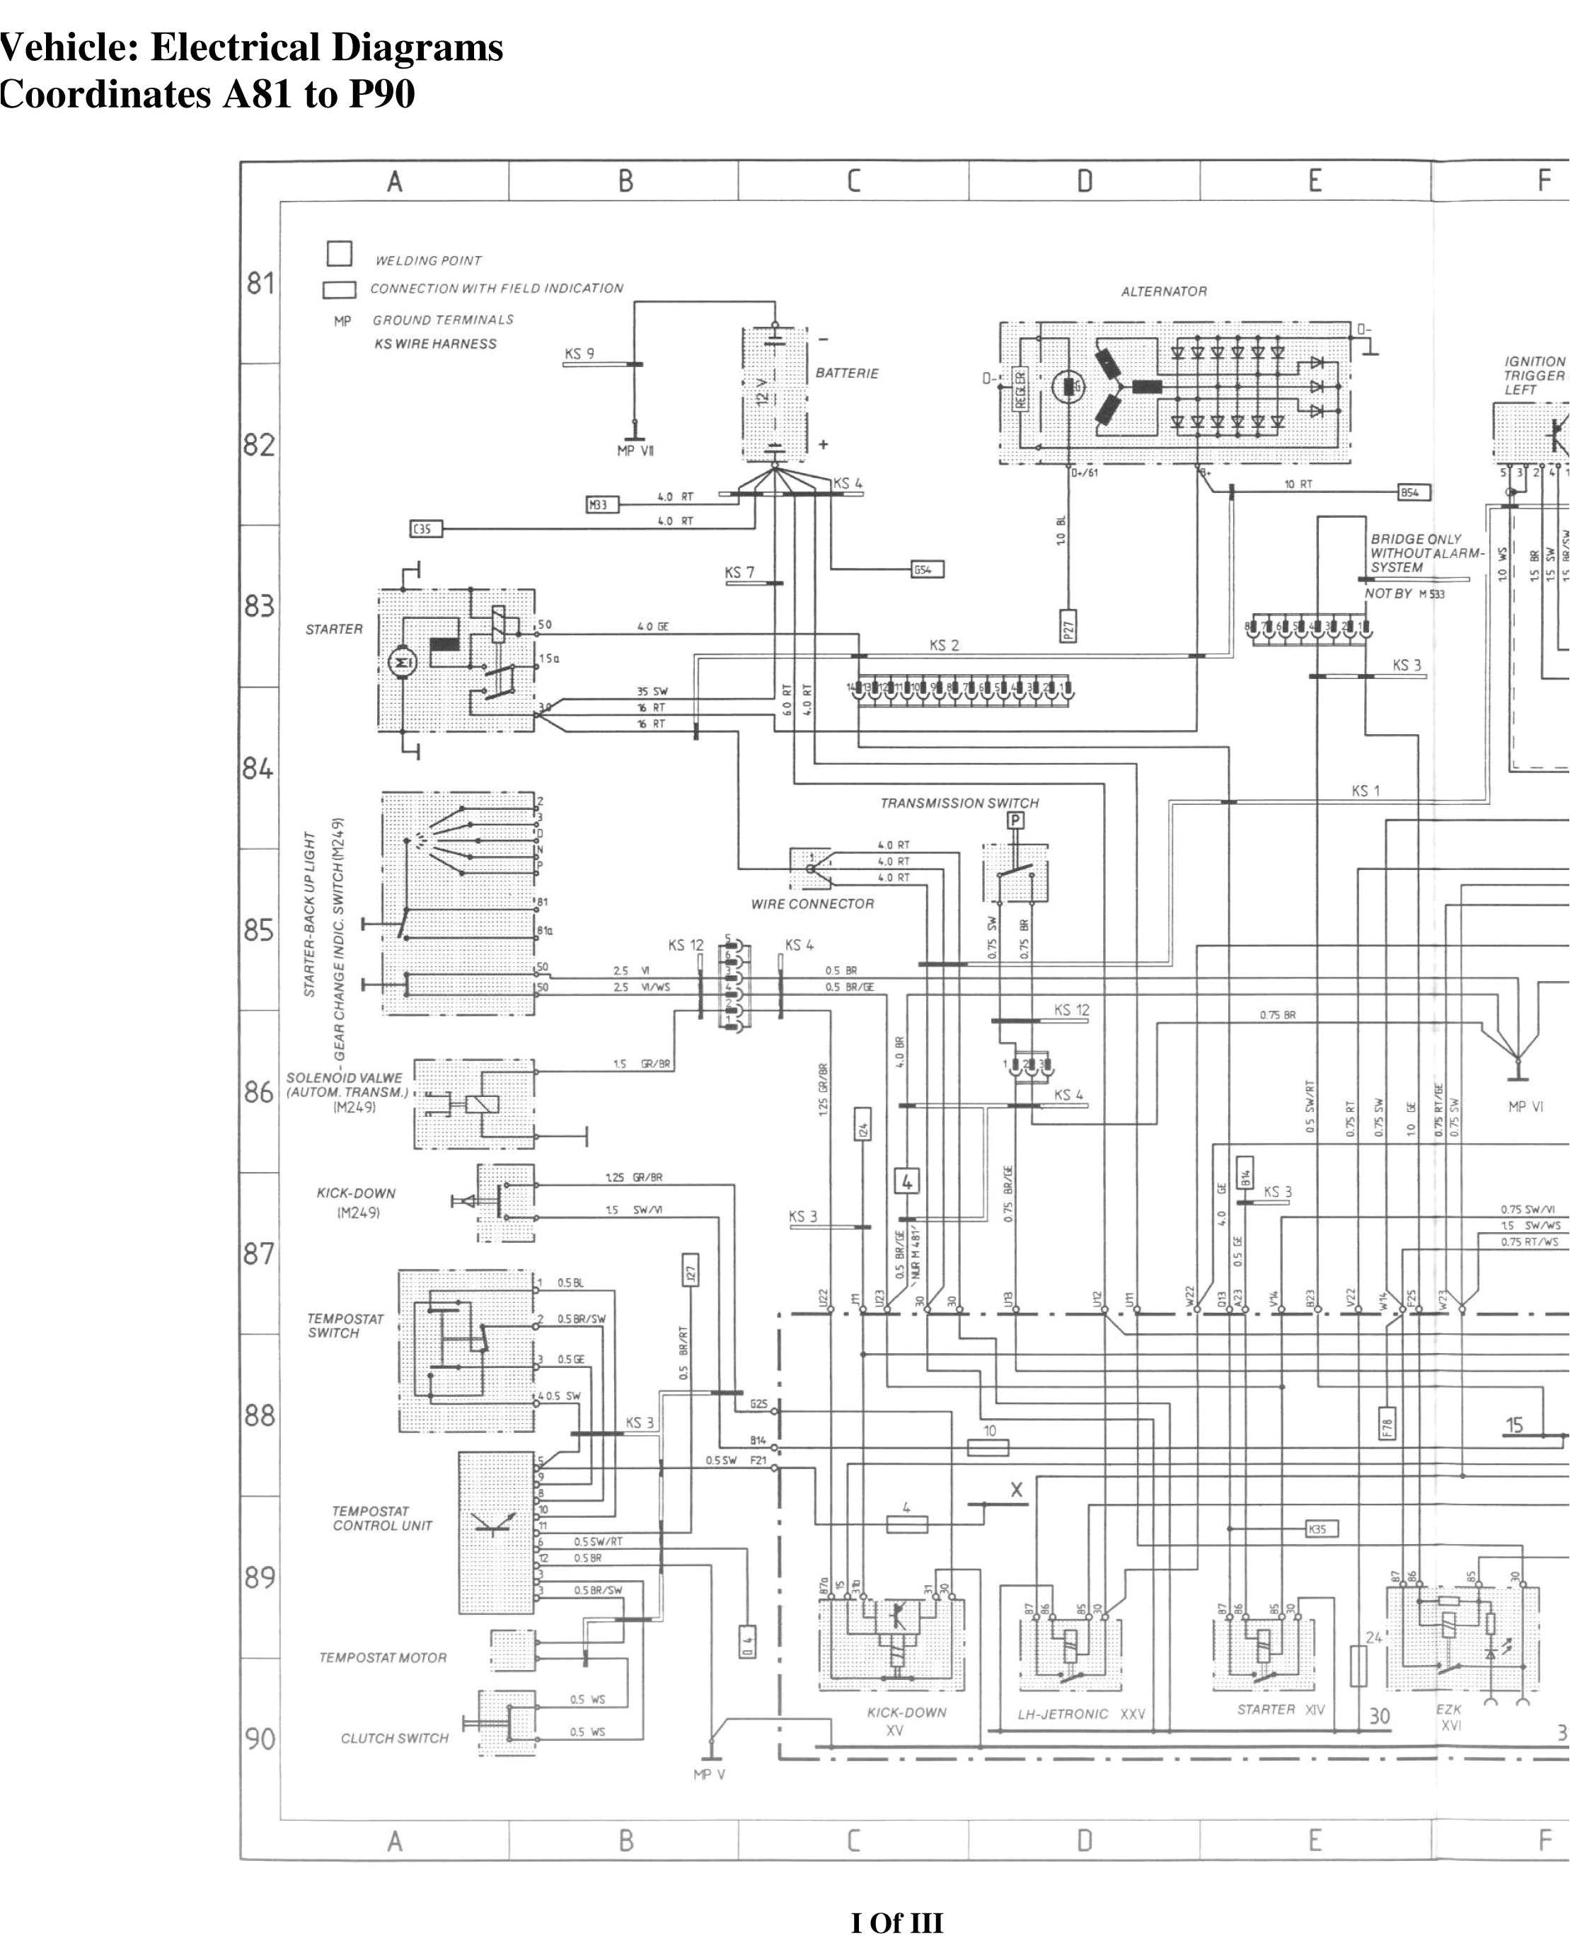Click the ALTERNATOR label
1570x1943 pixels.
[x=1163, y=291]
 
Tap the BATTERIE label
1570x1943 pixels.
[x=846, y=373]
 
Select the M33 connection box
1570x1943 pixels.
[x=602, y=504]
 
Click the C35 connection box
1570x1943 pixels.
[x=427, y=528]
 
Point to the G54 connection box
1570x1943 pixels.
[x=927, y=569]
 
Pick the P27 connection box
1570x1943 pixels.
[x=1068, y=626]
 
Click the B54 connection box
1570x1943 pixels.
[x=1414, y=493]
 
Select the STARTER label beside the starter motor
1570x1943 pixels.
[x=334, y=630]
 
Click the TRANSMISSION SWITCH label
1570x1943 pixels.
[x=959, y=803]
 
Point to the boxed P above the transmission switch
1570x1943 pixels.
[x=1015, y=821]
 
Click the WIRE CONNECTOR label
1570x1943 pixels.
[x=812, y=903]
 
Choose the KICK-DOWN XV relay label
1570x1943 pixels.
[x=906, y=1721]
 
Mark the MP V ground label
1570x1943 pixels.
[x=709, y=1775]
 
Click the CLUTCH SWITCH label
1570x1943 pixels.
[x=394, y=1738]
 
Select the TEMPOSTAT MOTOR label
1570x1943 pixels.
[x=383, y=1657]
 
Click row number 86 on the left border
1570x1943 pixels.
[x=259, y=1092]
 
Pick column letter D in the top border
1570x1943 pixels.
[x=1085, y=182]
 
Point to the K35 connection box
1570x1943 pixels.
[x=1322, y=1530]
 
